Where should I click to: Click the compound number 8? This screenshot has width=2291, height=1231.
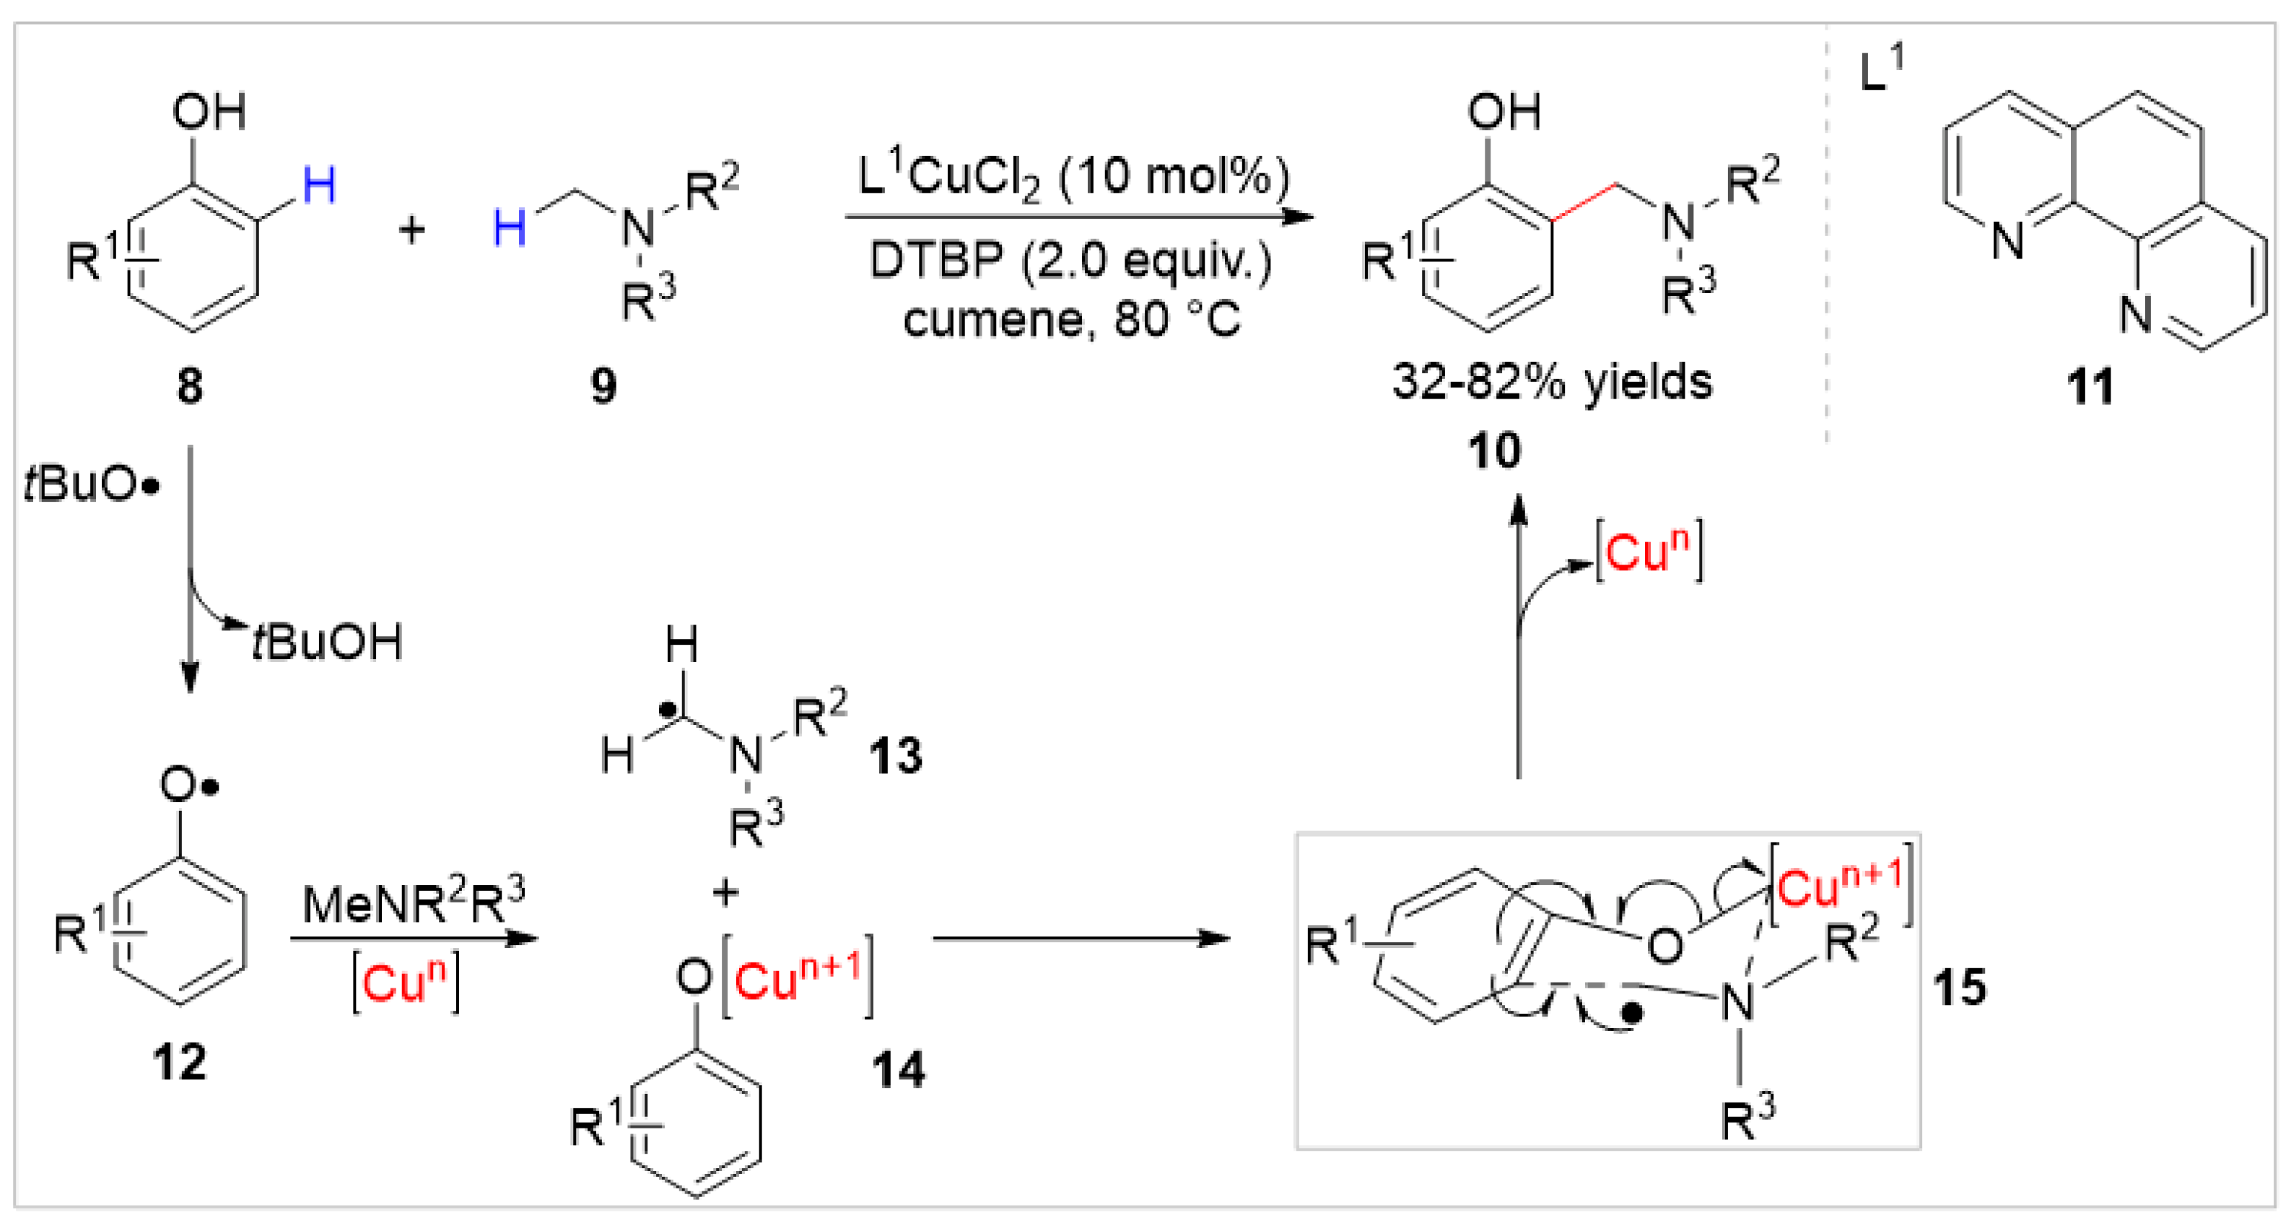189,386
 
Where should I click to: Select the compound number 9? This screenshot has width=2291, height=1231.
604,386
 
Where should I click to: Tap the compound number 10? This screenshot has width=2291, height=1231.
1494,451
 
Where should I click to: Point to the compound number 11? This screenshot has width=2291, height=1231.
2090,388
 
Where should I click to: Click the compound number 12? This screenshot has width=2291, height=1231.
180,1062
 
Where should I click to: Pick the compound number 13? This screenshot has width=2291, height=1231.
896,757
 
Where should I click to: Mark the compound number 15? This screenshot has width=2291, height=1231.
1958,987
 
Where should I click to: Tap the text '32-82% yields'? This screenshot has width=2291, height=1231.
1552,383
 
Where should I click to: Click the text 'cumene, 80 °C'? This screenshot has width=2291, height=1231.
1072,319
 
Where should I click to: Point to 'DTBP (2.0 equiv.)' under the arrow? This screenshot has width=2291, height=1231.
1072,261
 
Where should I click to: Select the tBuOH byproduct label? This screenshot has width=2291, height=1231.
329,642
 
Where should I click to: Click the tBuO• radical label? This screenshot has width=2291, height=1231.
92,486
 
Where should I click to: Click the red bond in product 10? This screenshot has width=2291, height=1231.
1585,202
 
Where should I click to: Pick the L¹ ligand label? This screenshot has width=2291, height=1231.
1881,69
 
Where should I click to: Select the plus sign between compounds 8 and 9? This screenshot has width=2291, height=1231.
411,230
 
